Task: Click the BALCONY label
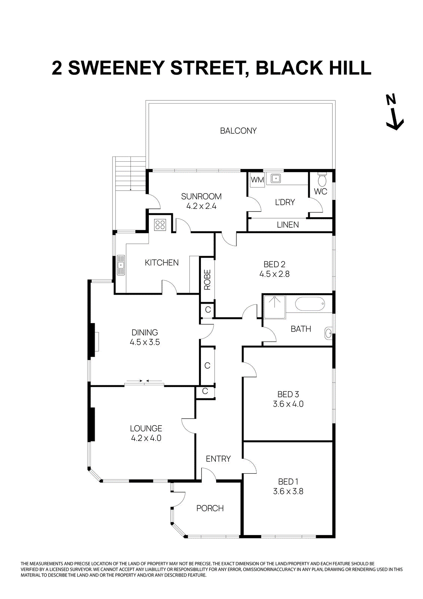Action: tap(238, 131)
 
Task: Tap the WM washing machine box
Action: tap(257, 180)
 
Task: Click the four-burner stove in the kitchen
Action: tap(160, 225)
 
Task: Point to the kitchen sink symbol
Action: tap(121, 265)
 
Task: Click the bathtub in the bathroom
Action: tap(310, 304)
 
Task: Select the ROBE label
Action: tap(208, 280)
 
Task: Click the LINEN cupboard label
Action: tap(288, 225)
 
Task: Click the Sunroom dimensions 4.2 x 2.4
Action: tap(201, 206)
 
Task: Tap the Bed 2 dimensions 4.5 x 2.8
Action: tap(274, 274)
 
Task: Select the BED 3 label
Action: tap(288, 394)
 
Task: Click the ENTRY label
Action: tap(218, 459)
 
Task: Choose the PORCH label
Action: tap(210, 508)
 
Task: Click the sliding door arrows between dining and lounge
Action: tap(144, 381)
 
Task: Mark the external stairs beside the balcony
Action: tap(129, 174)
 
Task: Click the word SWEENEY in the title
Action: tap(116, 68)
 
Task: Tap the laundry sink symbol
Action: tap(276, 179)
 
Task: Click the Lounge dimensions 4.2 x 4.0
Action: tap(146, 438)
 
